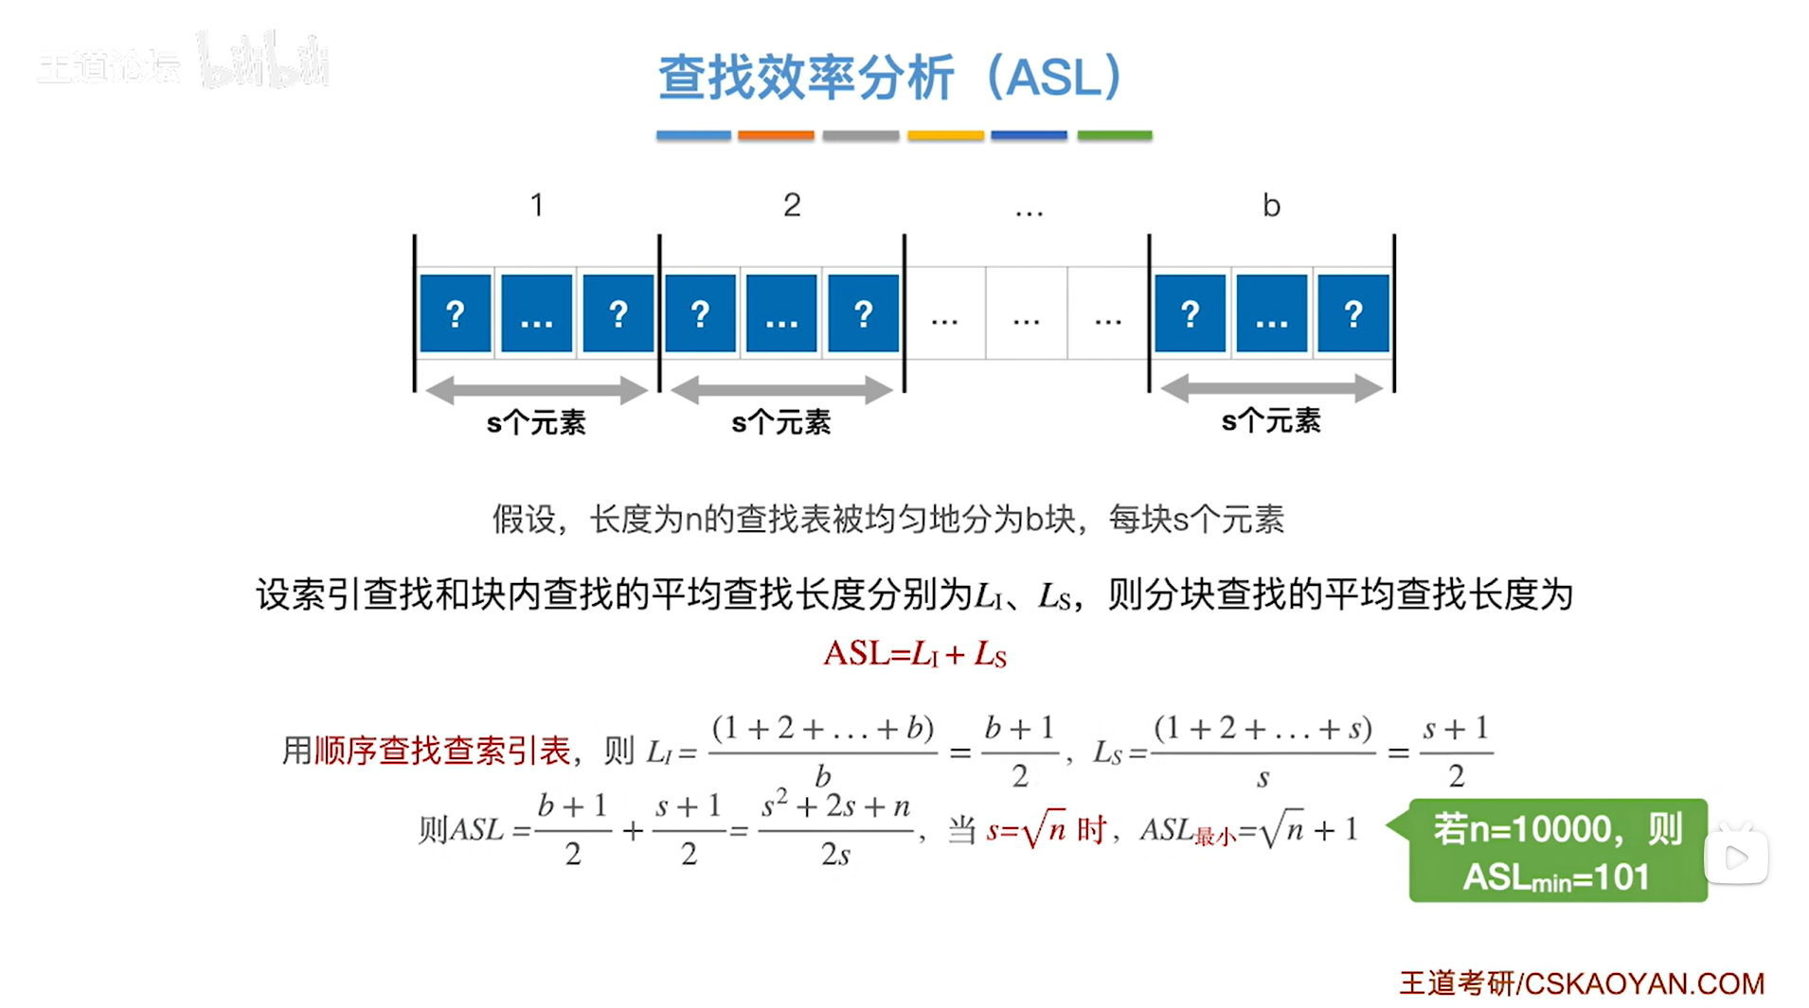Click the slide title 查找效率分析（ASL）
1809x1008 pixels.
click(889, 77)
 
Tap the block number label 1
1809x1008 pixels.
click(536, 204)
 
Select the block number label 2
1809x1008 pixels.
click(792, 204)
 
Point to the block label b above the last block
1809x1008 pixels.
click(1271, 205)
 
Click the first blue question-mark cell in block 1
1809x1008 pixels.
click(456, 313)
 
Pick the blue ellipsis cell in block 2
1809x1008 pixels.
click(781, 313)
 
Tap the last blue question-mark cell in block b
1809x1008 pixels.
click(1353, 313)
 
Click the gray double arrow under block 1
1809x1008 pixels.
click(536, 389)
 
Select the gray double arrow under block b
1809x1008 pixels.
click(1271, 388)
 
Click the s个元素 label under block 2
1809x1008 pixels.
click(781, 422)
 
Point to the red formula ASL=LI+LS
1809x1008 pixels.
click(915, 654)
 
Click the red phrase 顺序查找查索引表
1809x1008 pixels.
click(442, 752)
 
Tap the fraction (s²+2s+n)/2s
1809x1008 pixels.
click(835, 830)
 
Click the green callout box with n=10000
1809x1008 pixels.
click(1557, 851)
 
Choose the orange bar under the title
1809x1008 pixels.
click(776, 135)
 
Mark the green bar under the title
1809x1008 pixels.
click(1115, 135)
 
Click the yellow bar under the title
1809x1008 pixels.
click(945, 135)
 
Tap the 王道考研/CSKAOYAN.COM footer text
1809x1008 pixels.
click(1582, 983)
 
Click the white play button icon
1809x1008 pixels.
click(1736, 858)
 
